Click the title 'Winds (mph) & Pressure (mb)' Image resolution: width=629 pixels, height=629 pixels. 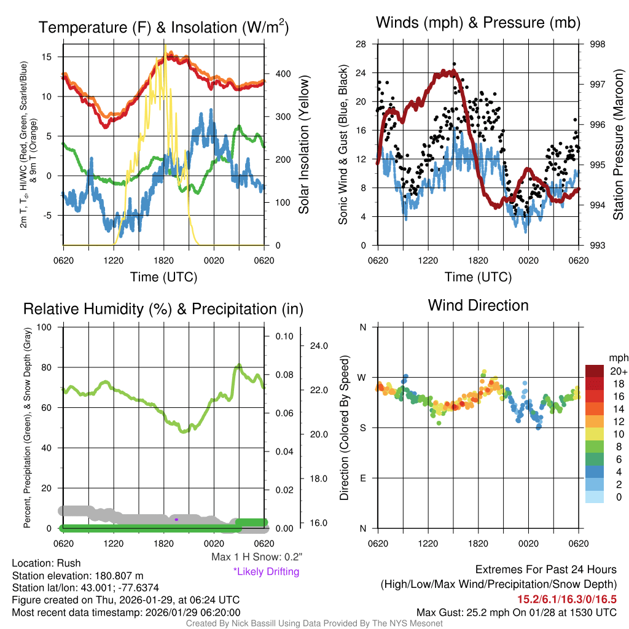pyautogui.click(x=478, y=23)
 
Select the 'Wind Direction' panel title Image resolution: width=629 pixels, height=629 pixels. pyautogui.click(x=478, y=305)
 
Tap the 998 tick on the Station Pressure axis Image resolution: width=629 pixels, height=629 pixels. pyautogui.click(x=598, y=44)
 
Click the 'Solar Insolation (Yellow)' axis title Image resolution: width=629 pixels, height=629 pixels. pyautogui.click(x=303, y=145)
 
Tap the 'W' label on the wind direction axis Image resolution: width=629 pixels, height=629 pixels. pyautogui.click(x=362, y=377)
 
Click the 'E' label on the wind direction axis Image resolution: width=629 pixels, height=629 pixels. pyautogui.click(x=362, y=478)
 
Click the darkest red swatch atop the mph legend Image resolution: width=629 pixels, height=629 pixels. pyautogui.click(x=595, y=371)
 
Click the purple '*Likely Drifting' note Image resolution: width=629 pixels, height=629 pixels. pyautogui.click(x=266, y=571)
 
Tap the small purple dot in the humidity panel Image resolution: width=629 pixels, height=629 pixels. pyautogui.click(x=176, y=520)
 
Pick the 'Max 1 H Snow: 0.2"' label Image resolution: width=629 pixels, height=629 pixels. pyautogui.click(x=257, y=557)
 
